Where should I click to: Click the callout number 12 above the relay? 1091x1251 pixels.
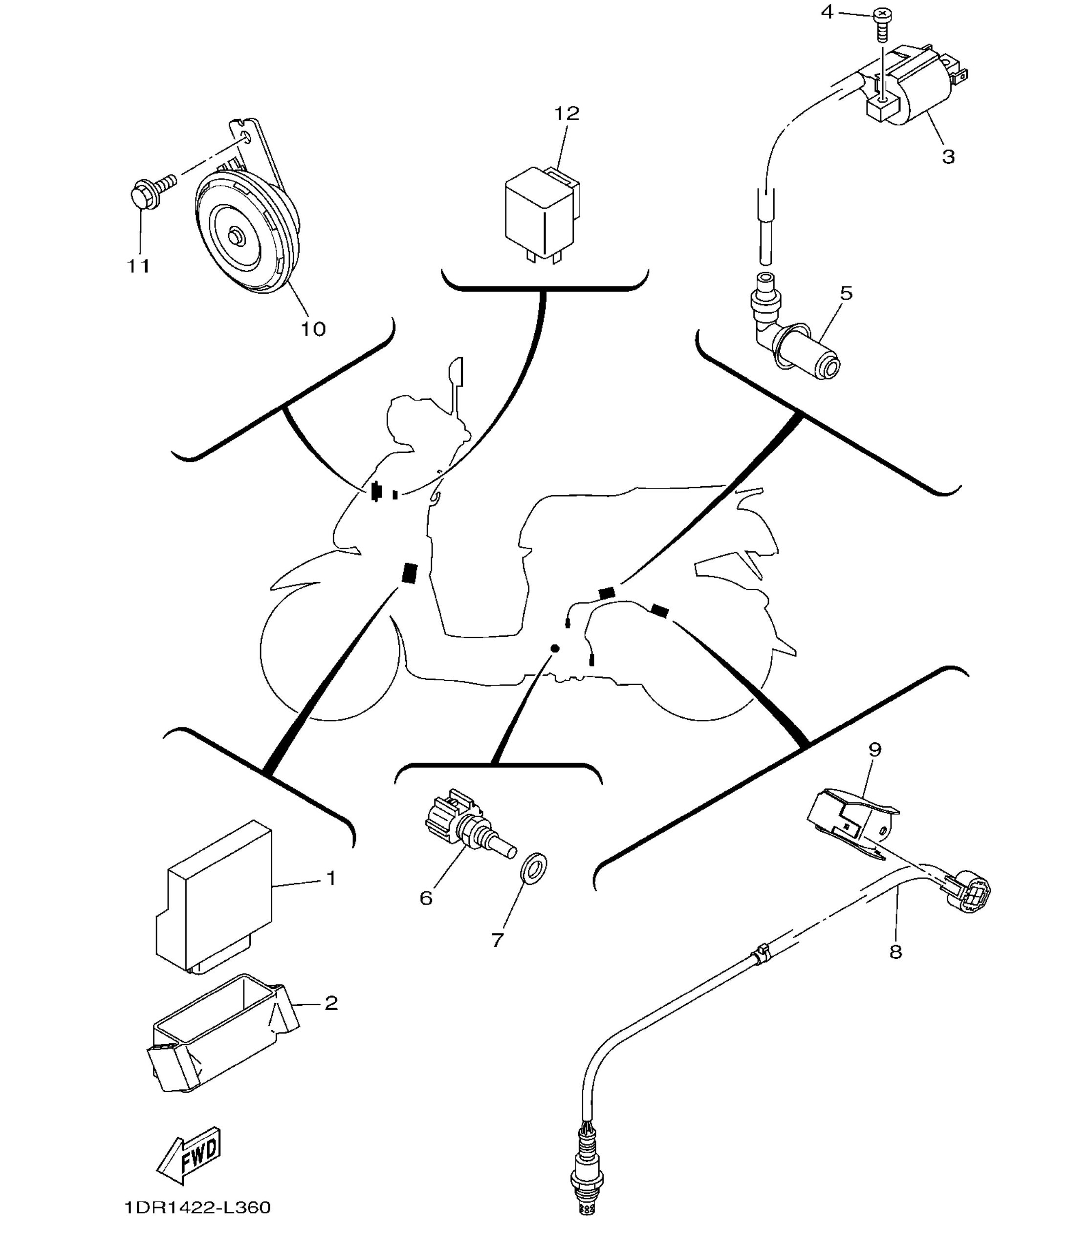[x=566, y=114]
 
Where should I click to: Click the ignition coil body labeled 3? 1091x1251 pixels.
[x=913, y=91]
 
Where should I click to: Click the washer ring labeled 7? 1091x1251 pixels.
[x=535, y=863]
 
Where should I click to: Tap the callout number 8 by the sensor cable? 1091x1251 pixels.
[x=895, y=951]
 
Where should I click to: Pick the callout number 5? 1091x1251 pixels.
[x=846, y=293]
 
